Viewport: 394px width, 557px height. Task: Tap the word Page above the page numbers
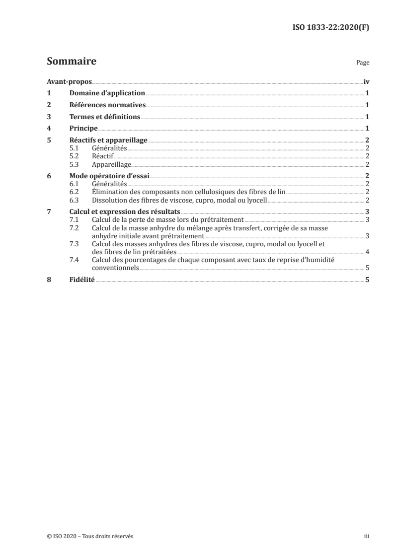(x=363, y=63)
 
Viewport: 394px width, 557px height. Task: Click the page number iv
(x=366, y=81)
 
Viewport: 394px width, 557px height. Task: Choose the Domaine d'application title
(x=107, y=93)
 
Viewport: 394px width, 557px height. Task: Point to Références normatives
(x=107, y=105)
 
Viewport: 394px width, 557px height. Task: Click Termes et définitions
(x=105, y=117)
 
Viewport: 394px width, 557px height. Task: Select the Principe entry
(x=83, y=129)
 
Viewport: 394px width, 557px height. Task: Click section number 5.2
(x=74, y=156)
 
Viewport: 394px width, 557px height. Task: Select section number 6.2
(x=74, y=192)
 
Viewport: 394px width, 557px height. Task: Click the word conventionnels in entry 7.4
(x=116, y=268)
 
